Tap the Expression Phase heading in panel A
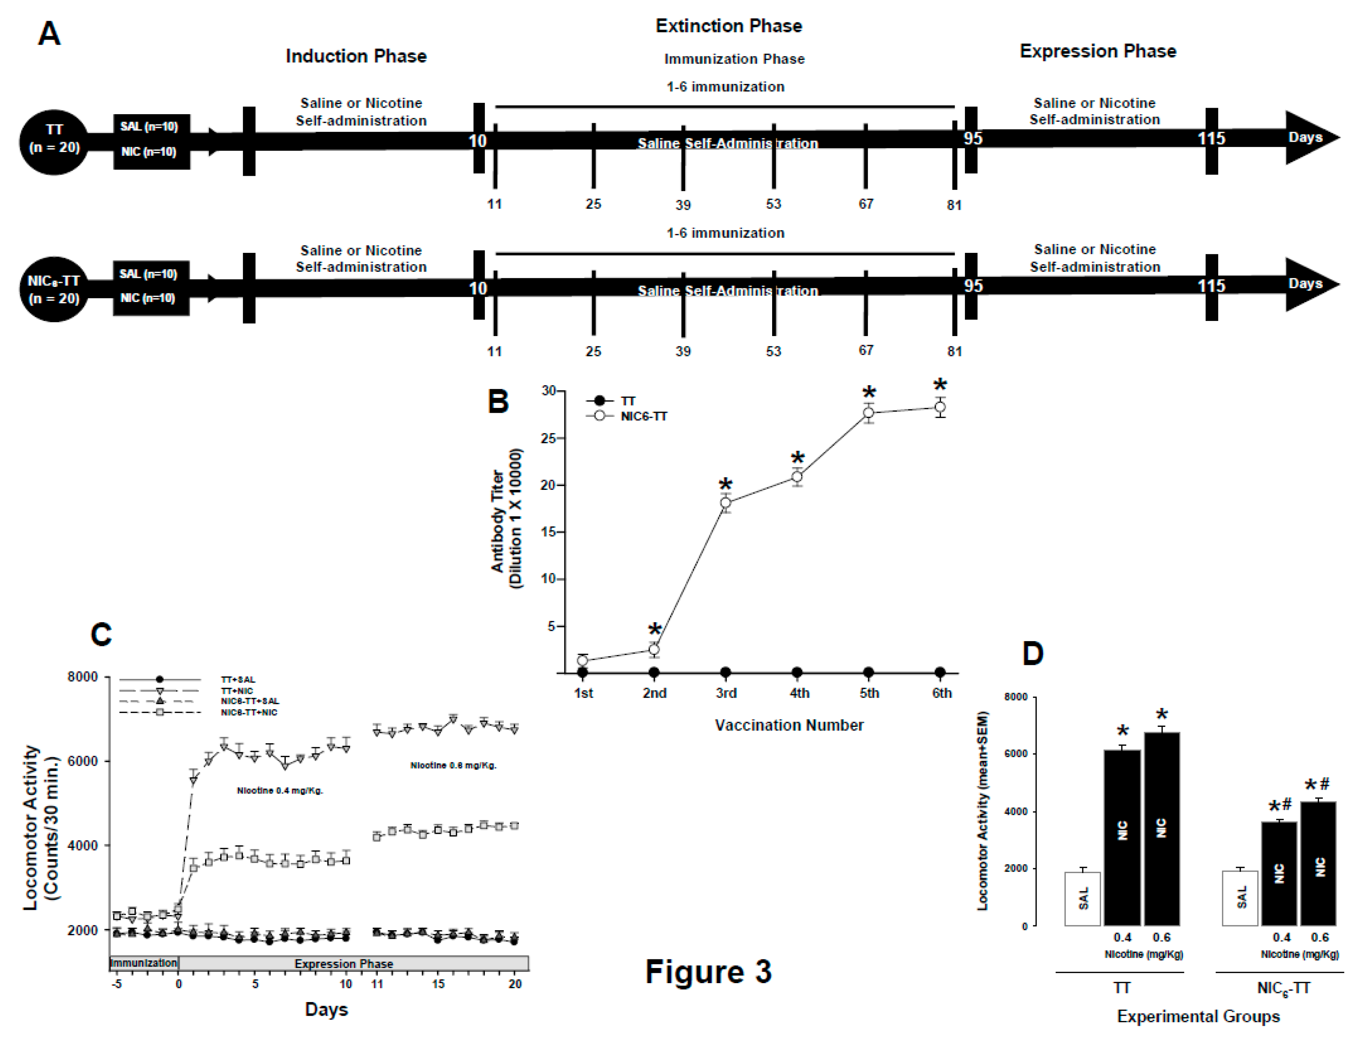(1098, 51)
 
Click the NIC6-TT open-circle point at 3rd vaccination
(725, 503)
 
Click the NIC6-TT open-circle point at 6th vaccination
(940, 407)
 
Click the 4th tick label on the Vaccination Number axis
(799, 693)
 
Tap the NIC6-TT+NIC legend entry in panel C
(249, 712)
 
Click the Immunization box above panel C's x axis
(144, 963)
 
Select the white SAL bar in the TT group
(1082, 898)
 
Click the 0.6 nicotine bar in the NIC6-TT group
(1318, 864)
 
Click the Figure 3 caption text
(708, 971)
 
